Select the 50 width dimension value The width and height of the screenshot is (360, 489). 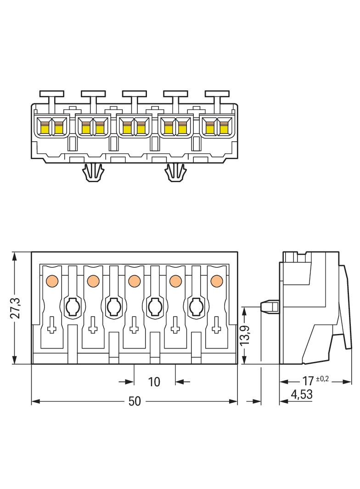pyautogui.click(x=134, y=401)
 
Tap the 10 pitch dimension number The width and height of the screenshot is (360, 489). pyautogui.click(x=154, y=382)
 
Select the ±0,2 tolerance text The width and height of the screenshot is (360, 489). pyautogui.click(x=323, y=378)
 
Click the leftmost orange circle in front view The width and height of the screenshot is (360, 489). pyautogui.click(x=51, y=280)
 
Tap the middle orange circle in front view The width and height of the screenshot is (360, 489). pyautogui.click(x=134, y=280)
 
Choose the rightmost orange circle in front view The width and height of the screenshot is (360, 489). pyautogui.click(x=216, y=280)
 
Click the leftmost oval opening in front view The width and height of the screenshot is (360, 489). pyautogui.click(x=72, y=306)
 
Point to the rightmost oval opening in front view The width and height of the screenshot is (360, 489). pyautogui.click(x=195, y=306)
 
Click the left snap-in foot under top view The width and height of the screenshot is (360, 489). pyautogui.click(x=92, y=173)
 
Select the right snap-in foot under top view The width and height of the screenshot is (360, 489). pyautogui.click(x=175, y=173)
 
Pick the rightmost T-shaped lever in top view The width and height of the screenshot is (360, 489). pyautogui.click(x=217, y=94)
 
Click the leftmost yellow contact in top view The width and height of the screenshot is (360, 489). pyautogui.click(x=45, y=127)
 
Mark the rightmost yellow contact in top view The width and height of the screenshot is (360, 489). pyautogui.click(x=224, y=127)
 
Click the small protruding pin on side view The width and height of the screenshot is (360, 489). pyautogui.click(x=270, y=306)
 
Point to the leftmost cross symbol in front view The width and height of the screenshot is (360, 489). pyautogui.click(x=51, y=326)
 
